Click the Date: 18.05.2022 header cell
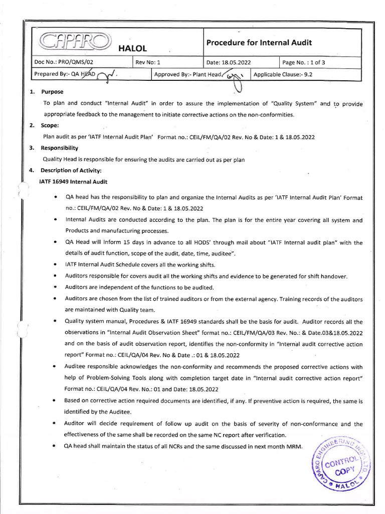(229, 62)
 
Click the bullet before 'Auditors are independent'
(54, 288)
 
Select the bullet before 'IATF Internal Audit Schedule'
(54, 264)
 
